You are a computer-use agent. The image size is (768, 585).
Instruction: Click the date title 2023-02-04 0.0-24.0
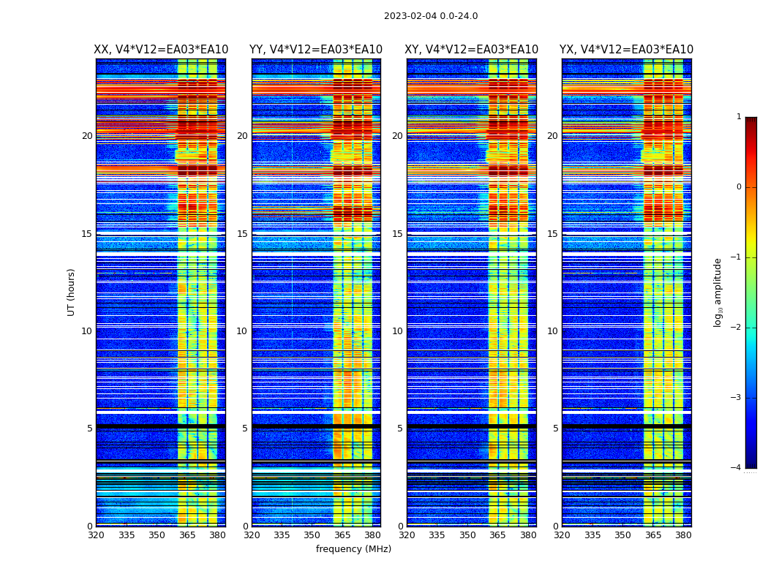tap(431, 16)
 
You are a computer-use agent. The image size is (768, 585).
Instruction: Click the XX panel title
tap(161, 50)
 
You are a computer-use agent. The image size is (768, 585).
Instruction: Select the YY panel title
tap(316, 50)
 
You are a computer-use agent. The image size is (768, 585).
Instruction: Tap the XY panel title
tap(471, 50)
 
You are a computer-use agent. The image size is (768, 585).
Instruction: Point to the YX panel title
tap(626, 50)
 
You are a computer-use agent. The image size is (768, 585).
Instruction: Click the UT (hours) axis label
tap(72, 292)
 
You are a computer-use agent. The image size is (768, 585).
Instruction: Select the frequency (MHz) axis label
tap(353, 549)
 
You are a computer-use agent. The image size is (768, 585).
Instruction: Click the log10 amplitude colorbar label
tap(718, 292)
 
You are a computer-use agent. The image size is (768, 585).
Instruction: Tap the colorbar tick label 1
tap(739, 117)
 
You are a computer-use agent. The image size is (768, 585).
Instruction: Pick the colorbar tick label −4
tap(737, 468)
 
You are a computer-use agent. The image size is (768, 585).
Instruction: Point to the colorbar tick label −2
tap(737, 328)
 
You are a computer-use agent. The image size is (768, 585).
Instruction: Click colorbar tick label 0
tap(739, 187)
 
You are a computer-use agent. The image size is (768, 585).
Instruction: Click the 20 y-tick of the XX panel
tap(87, 136)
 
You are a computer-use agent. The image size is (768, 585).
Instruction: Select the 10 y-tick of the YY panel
tap(242, 331)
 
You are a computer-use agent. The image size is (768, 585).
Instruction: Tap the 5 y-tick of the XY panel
tap(400, 429)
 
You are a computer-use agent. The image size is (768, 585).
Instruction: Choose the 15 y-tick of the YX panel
tap(552, 234)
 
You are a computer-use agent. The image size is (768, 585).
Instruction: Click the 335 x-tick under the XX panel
tap(127, 535)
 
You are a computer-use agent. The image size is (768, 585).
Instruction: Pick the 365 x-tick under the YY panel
tap(342, 535)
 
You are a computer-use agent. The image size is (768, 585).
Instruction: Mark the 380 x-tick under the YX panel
tap(683, 535)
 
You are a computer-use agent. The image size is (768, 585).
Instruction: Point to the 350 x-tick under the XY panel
tap(467, 535)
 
